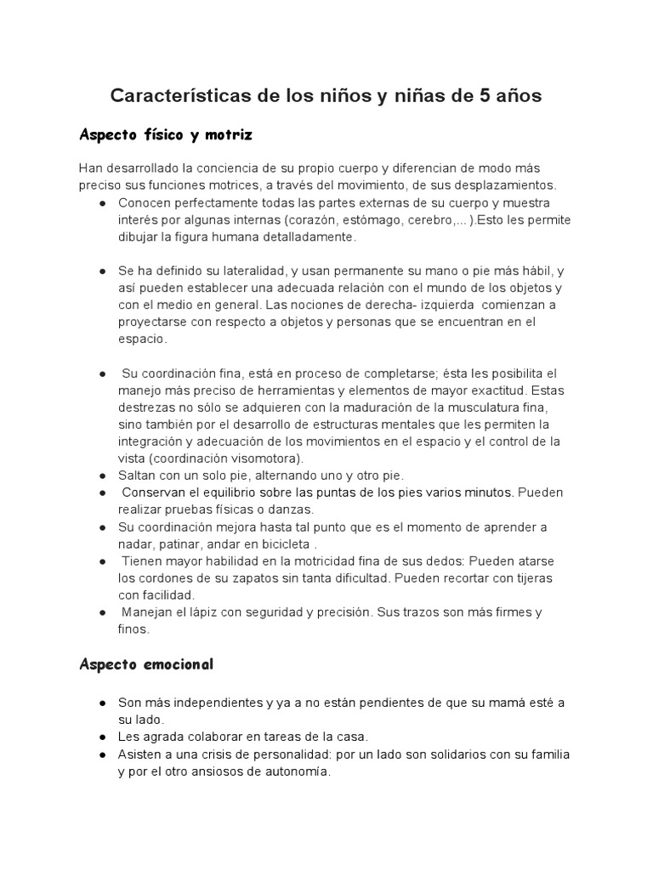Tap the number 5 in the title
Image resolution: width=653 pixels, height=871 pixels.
pos(485,96)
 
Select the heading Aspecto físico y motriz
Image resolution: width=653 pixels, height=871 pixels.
pos(166,135)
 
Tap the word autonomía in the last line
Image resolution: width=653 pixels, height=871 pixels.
pos(294,771)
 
